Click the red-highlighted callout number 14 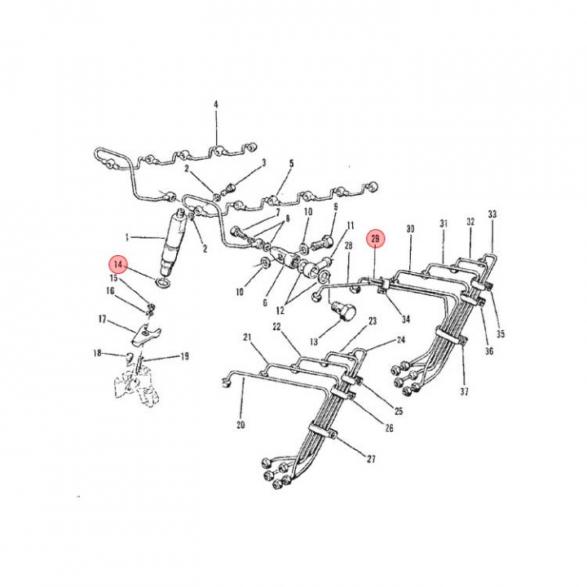[x=118, y=265]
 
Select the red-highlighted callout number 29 [x=375, y=238]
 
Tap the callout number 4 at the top [x=216, y=104]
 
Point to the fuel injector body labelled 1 [x=173, y=242]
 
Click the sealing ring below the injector [x=162, y=283]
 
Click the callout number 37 [x=464, y=391]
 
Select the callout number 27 [x=371, y=458]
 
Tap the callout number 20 [x=241, y=425]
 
